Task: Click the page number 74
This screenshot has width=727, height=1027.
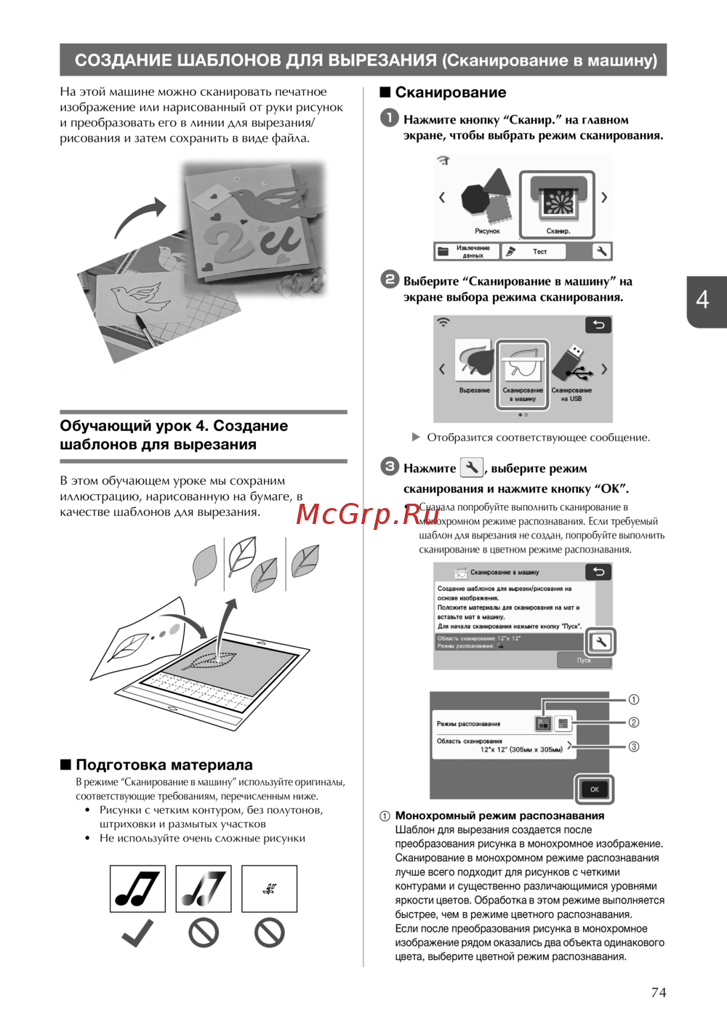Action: (x=658, y=992)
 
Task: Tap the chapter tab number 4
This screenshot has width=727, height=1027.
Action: (x=702, y=299)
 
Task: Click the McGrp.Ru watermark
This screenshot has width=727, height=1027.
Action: (x=368, y=514)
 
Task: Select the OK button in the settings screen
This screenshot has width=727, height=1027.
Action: (x=594, y=789)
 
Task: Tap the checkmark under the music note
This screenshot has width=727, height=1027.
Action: (x=137, y=933)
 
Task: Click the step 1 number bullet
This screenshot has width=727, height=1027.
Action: (x=390, y=118)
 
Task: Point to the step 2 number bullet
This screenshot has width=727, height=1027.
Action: (x=390, y=279)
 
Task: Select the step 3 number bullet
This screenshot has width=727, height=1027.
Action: (x=390, y=467)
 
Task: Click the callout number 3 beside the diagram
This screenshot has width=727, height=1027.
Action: (x=634, y=746)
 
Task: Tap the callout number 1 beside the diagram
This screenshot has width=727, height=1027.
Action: (x=634, y=699)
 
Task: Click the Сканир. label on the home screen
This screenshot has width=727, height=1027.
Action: (x=558, y=231)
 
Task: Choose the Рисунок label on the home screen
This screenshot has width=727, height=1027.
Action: (x=487, y=231)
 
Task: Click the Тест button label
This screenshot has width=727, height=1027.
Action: (x=539, y=251)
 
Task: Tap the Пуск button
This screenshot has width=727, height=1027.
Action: (x=584, y=660)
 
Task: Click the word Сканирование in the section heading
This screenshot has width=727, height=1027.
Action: (x=450, y=92)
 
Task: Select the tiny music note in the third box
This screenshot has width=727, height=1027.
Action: (x=269, y=888)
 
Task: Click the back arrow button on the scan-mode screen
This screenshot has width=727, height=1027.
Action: (x=598, y=325)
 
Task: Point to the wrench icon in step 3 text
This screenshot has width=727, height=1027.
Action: (x=471, y=467)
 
